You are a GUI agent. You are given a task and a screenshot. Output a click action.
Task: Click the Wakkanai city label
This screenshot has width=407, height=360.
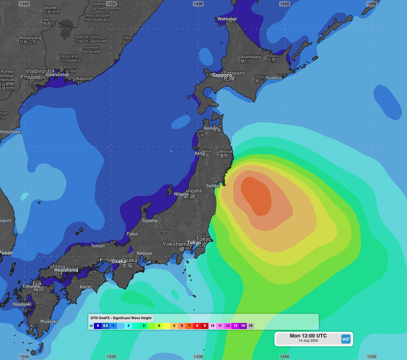coord(227,19)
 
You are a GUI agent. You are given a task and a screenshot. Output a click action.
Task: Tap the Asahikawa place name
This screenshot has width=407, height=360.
coord(250,57)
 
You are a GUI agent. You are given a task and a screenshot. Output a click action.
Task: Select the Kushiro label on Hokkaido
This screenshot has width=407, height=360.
coord(274,78)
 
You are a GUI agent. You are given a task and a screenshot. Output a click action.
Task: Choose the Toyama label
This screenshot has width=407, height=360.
coord(149,221)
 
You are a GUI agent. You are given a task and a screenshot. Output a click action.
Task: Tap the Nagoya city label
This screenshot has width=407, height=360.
coord(144,253)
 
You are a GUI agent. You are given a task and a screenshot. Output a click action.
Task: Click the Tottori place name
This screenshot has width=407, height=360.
coord(98,246)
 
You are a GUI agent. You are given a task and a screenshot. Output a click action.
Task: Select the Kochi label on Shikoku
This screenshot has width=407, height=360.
coord(86,287)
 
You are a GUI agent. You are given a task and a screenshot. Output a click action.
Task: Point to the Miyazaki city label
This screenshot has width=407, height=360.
coord(48,321)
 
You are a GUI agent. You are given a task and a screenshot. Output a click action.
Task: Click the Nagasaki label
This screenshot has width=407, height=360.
coord(22,304)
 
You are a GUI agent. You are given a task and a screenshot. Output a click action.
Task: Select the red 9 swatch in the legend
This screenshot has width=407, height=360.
coord(205,326)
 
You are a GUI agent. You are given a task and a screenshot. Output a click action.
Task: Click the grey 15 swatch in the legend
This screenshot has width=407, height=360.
coord(250,326)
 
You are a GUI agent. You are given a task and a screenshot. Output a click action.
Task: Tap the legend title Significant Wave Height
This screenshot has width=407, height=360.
coord(121,318)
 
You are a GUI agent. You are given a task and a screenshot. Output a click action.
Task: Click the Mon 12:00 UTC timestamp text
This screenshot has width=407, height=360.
coord(308,336)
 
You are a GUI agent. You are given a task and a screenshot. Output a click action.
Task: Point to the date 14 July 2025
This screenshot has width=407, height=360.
coord(308,341)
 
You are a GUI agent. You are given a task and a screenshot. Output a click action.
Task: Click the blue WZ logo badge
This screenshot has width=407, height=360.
coord(346,339)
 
